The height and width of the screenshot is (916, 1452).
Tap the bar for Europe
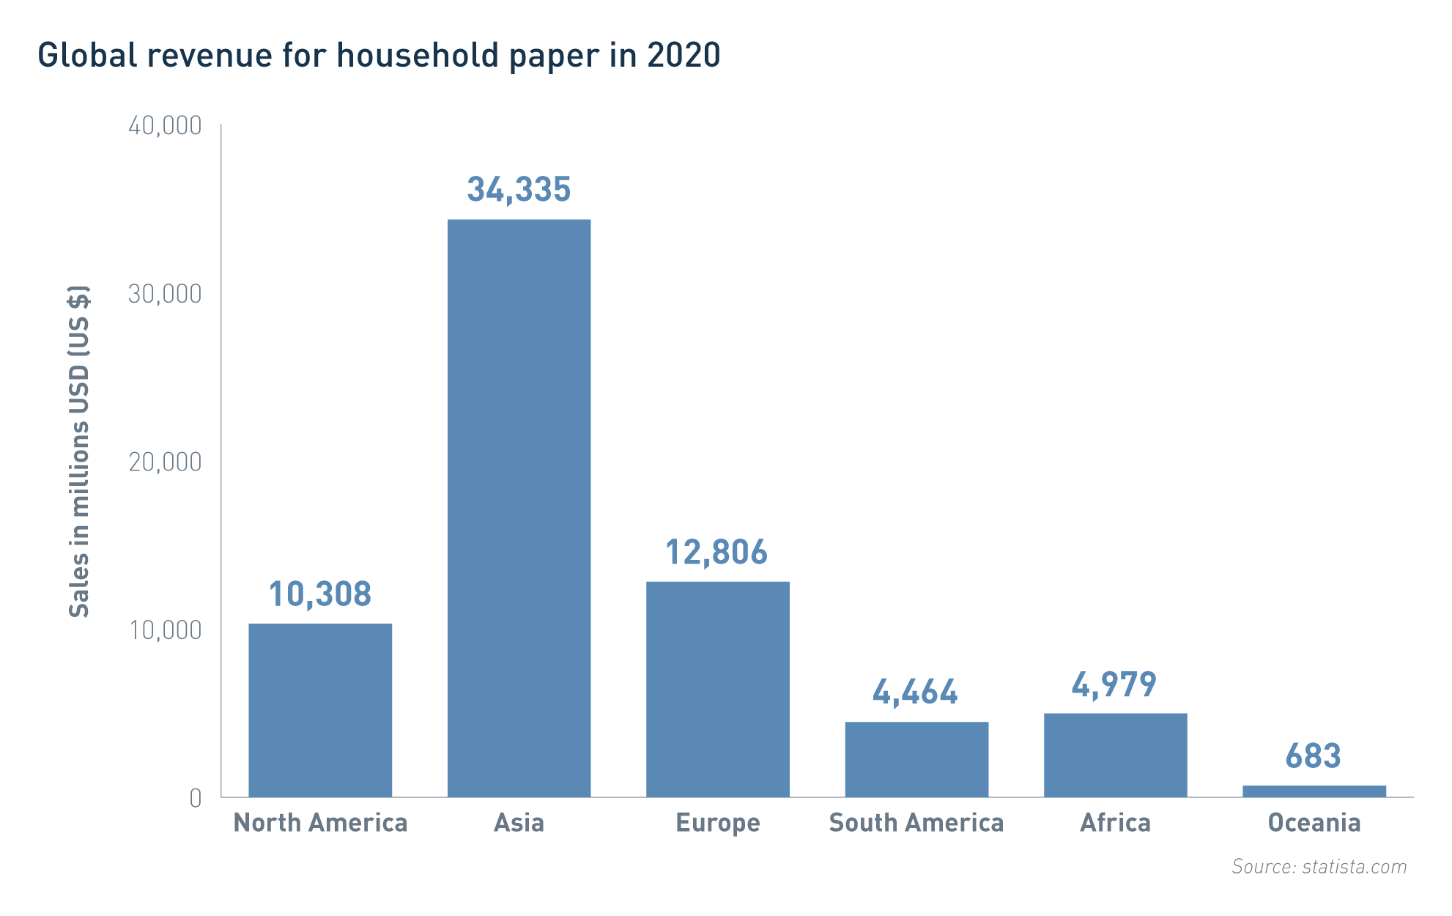pyautogui.click(x=717, y=688)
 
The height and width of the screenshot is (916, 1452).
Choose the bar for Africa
pyautogui.click(x=1115, y=754)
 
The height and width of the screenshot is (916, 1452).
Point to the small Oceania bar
pyautogui.click(x=1314, y=791)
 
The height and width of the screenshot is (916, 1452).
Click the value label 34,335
pyautogui.click(x=519, y=190)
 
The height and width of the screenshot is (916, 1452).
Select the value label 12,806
pyautogui.click(x=716, y=553)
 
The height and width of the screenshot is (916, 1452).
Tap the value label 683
pyautogui.click(x=1313, y=756)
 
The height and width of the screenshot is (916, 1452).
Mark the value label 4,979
pyautogui.click(x=1114, y=686)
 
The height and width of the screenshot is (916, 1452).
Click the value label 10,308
pyautogui.click(x=320, y=594)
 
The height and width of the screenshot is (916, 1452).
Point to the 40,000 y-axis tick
pyautogui.click(x=165, y=126)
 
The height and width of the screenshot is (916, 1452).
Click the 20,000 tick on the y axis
pyautogui.click(x=165, y=462)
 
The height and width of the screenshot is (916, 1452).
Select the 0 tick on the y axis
pyautogui.click(x=195, y=798)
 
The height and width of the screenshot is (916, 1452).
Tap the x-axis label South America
pyautogui.click(x=916, y=823)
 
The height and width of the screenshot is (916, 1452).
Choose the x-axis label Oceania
pyautogui.click(x=1314, y=823)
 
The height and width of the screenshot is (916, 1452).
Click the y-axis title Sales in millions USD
pyautogui.click(x=79, y=451)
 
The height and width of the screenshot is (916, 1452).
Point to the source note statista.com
pyautogui.click(x=1353, y=867)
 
